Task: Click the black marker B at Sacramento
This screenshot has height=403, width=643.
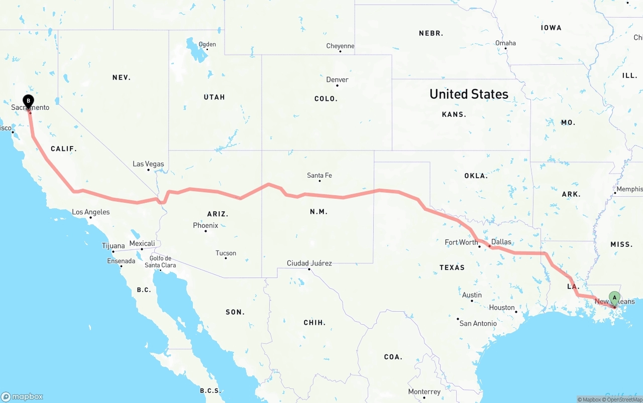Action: click(29, 101)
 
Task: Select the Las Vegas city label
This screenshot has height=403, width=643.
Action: click(148, 164)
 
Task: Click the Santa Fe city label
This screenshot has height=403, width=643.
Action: click(319, 175)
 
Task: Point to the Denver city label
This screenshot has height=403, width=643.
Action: click(337, 80)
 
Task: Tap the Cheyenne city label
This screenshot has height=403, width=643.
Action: click(340, 46)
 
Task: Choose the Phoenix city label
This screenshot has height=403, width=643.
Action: click(205, 225)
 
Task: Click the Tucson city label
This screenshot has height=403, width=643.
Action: click(226, 253)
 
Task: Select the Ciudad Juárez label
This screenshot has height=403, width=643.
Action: click(309, 263)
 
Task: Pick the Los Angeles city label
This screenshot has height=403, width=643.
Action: click(91, 212)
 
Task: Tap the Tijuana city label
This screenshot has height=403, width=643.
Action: click(113, 246)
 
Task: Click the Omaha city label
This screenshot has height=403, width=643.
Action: click(505, 43)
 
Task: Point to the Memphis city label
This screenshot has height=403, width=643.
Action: click(629, 189)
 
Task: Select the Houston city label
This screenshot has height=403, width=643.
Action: click(502, 307)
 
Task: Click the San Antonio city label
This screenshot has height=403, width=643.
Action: click(478, 323)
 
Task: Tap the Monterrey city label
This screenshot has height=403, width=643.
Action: click(424, 391)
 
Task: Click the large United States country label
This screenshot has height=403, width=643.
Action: click(469, 94)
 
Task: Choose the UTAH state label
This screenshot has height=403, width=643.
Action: click(214, 97)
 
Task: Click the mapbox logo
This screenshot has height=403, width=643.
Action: click(22, 396)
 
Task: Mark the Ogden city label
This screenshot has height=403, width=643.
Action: click(207, 44)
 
